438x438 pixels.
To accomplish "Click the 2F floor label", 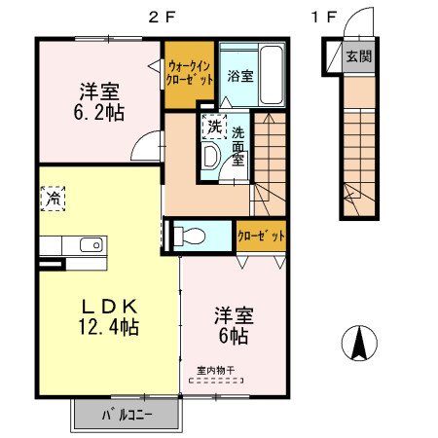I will click(162, 16).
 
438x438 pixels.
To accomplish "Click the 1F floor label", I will click(324, 16).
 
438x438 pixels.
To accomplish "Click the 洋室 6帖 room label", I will click(234, 325).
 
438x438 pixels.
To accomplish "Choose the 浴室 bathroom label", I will click(240, 74).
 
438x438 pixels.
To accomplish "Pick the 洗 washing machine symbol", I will click(212, 126).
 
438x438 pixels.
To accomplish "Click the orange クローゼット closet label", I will click(261, 236).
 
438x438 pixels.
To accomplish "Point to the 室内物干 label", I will click(215, 369).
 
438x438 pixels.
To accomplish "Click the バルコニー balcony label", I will click(127, 416).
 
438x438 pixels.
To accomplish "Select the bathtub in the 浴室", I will click(270, 74).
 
